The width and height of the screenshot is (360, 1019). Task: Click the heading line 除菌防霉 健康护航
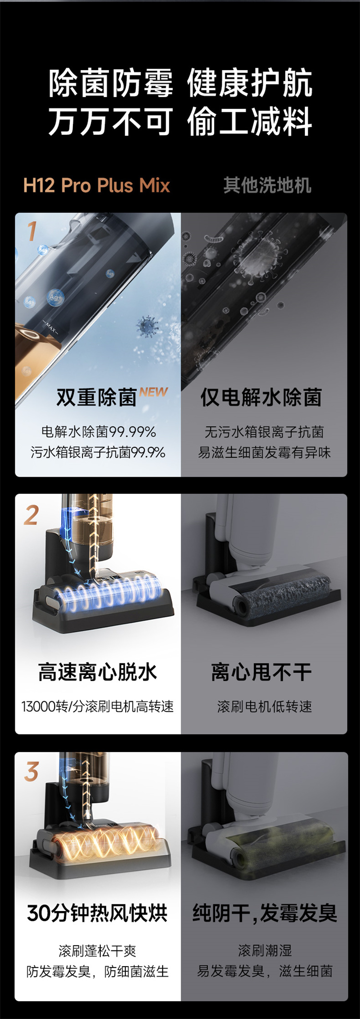[180, 83]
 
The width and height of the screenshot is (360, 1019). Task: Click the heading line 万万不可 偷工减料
[180, 121]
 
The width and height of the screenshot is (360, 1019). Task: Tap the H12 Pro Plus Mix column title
[96, 185]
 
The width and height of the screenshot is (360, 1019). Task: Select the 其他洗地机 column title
[267, 185]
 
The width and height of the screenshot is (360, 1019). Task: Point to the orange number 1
[32, 231]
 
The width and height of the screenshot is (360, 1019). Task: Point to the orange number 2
[32, 515]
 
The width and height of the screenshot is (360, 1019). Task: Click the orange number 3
[32, 772]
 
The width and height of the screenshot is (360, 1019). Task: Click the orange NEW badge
[154, 392]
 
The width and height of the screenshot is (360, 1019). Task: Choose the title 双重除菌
[96, 397]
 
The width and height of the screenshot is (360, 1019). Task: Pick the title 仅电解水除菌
[261, 397]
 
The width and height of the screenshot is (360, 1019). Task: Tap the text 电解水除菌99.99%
[98, 432]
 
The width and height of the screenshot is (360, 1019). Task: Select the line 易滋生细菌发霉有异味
[264, 452]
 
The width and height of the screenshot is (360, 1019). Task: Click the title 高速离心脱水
[97, 672]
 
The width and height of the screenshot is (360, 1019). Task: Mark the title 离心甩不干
[262, 672]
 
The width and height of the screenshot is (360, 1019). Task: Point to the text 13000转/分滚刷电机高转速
[97, 707]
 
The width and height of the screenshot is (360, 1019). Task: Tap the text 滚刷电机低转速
[264, 707]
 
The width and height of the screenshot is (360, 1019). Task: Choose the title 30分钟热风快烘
[97, 913]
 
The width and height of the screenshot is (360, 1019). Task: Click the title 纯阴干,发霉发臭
[264, 913]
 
